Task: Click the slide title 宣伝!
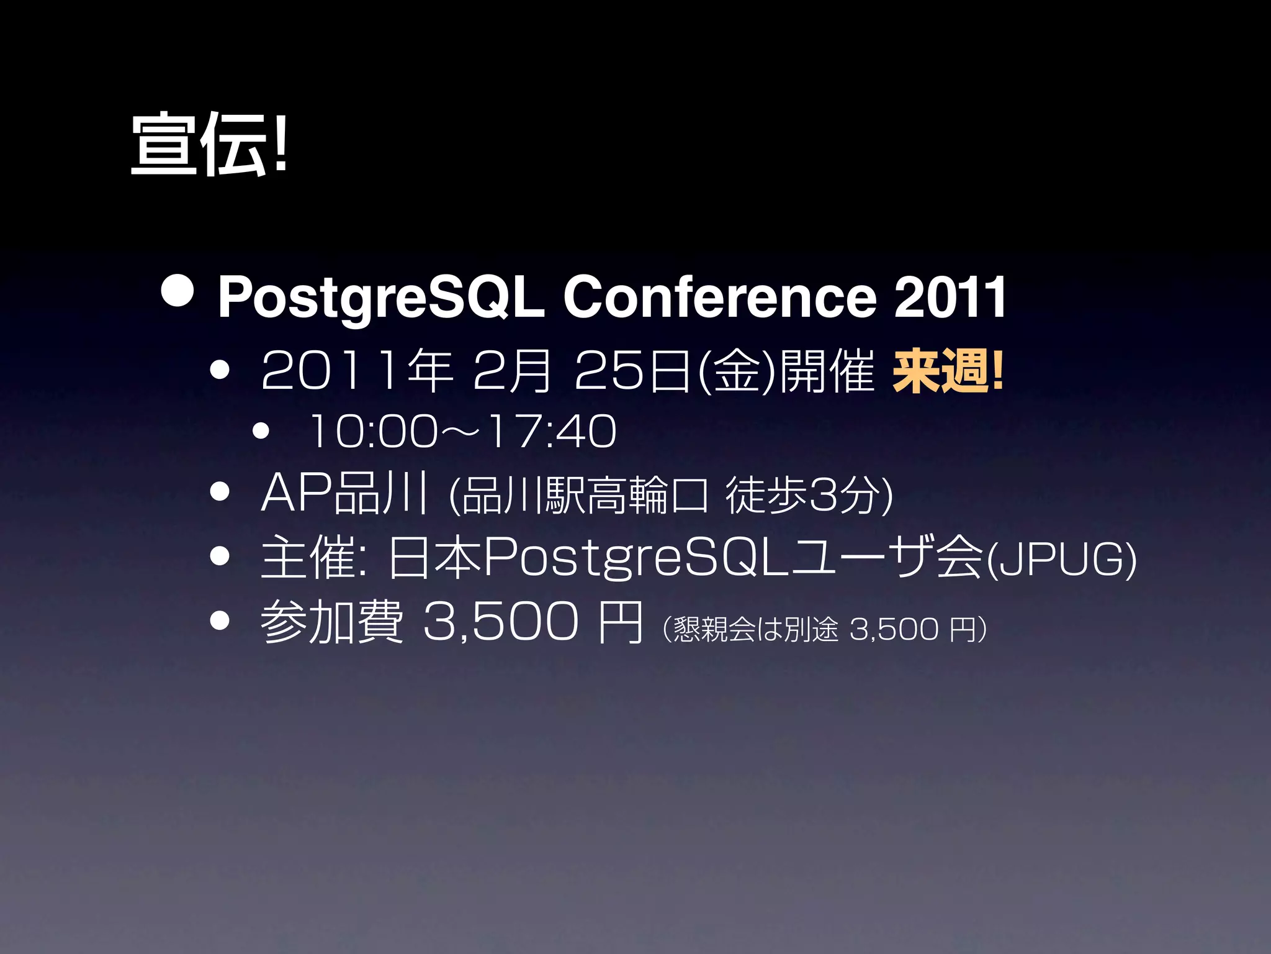[x=209, y=144]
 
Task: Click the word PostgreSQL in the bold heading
[x=380, y=298]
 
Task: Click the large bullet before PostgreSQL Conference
[x=176, y=291]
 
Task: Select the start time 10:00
[x=372, y=431]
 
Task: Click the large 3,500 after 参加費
[x=500, y=622]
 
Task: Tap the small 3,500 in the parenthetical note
[x=893, y=629]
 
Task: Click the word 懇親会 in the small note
[x=714, y=629]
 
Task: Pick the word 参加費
[x=331, y=622]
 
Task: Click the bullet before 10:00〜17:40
[x=261, y=431]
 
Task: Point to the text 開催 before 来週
[x=826, y=371]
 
